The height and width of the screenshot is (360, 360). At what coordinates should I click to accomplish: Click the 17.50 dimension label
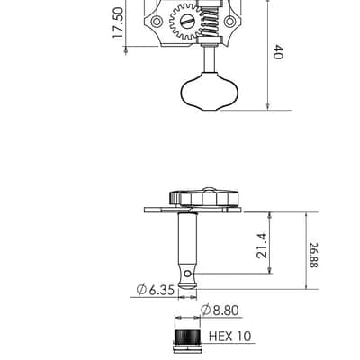tap(118, 22)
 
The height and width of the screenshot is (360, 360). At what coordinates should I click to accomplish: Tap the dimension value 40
tap(278, 52)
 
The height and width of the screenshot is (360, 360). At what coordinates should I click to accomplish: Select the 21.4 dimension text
tap(262, 246)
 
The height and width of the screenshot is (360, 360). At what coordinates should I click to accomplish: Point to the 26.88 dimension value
tap(314, 255)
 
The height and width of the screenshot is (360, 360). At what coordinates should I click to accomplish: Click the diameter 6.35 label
tap(156, 290)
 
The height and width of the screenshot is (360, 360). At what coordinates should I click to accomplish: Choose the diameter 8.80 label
tap(220, 310)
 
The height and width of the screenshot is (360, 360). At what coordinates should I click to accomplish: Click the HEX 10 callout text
tap(229, 337)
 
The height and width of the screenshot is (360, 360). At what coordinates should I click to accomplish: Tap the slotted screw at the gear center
tap(186, 22)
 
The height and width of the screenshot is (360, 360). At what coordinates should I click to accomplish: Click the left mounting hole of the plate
tap(156, 22)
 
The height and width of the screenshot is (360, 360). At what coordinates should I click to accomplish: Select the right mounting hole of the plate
tap(230, 22)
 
